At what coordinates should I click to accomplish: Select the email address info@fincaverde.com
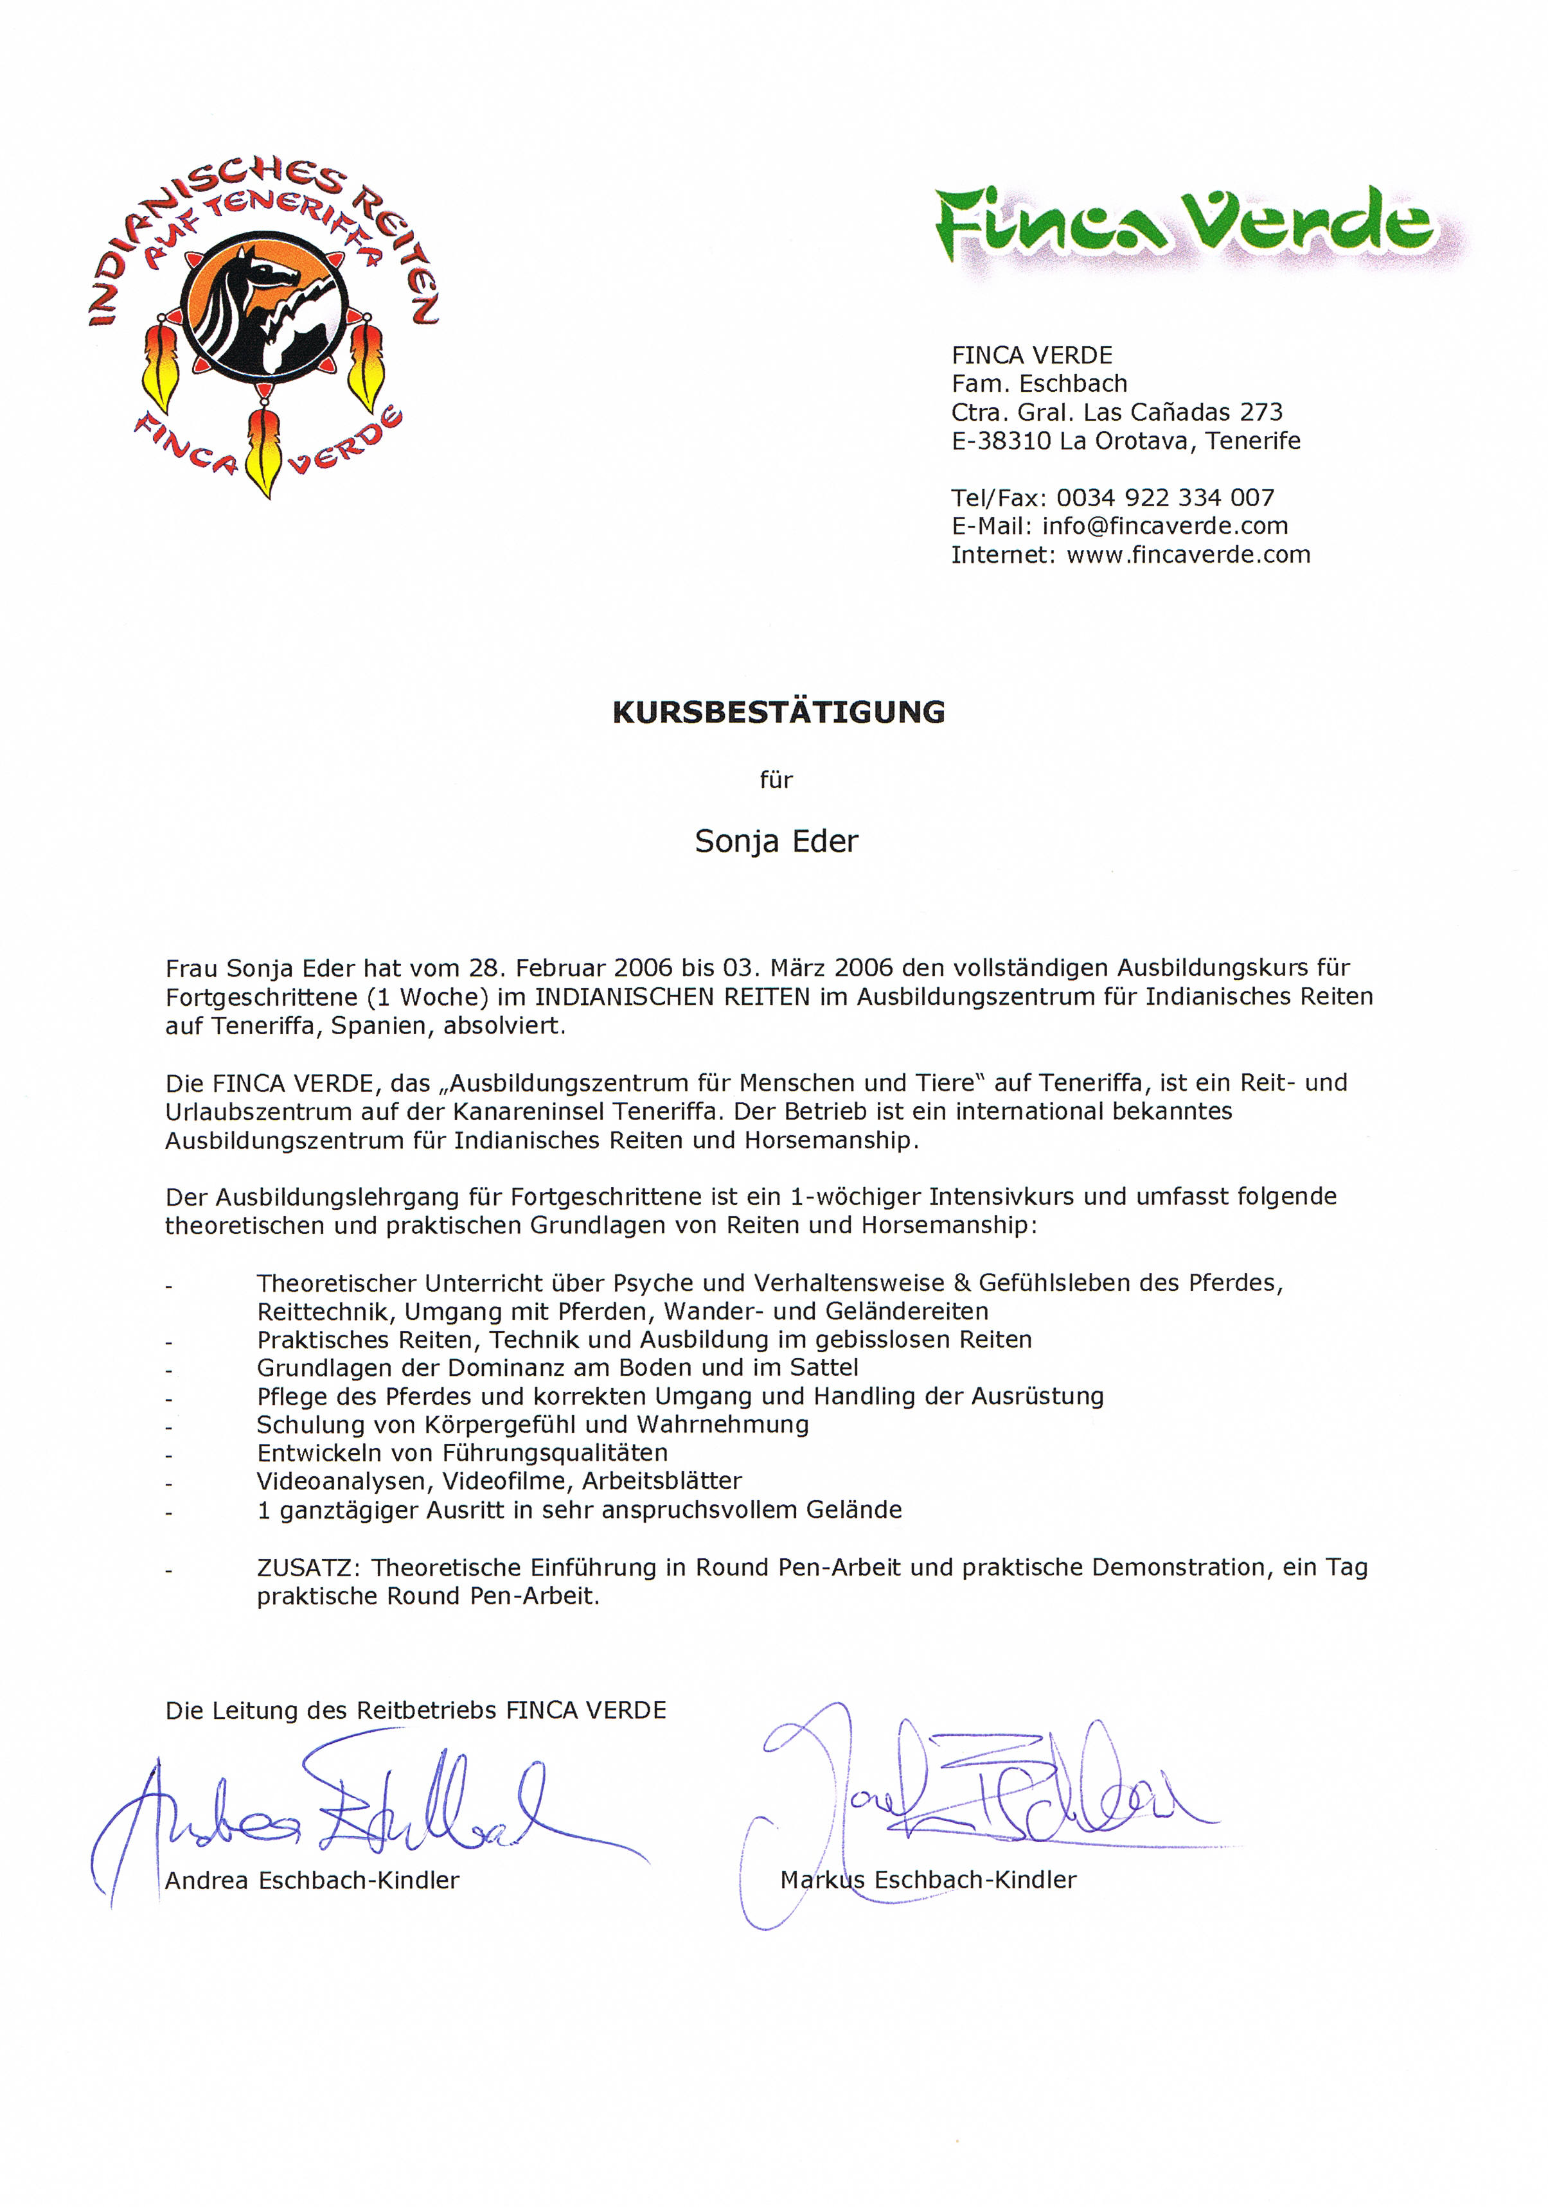coord(1164,526)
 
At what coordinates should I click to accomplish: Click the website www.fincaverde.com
coord(1188,554)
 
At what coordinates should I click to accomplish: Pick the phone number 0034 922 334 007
coord(1164,498)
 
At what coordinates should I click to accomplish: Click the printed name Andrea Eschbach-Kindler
coord(312,1880)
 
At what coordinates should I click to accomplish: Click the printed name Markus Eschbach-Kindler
coord(928,1879)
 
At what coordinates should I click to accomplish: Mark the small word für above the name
coord(776,780)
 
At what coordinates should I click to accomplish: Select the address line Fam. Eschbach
coord(1038,383)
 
